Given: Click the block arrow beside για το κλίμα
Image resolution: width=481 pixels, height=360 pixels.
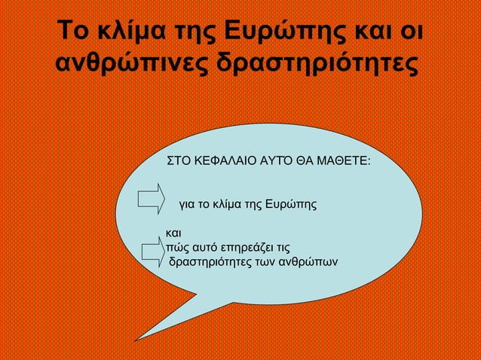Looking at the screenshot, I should coord(152,197).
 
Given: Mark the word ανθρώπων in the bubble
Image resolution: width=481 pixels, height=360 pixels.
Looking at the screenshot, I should coord(308,262).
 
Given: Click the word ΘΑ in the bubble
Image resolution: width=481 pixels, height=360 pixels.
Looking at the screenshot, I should coord(299,161).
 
